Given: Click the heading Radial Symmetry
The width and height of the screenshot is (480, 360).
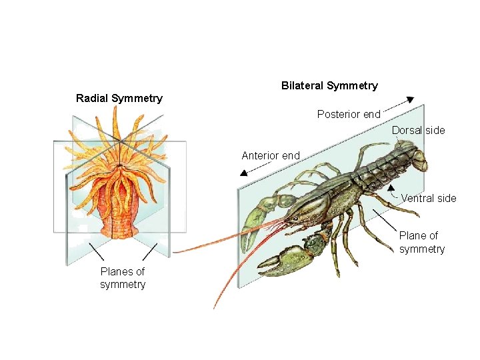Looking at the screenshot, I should [119, 99].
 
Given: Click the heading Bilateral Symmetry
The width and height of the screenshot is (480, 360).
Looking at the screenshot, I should [329, 85].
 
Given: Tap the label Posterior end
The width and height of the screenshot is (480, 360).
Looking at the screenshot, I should [349, 114].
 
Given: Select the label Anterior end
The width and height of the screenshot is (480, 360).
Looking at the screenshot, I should [271, 155].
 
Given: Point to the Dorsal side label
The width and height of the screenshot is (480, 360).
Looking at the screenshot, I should [418, 130].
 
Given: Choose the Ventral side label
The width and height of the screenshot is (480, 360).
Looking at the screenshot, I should [429, 198].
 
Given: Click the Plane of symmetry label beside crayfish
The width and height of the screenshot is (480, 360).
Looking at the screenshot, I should [421, 242].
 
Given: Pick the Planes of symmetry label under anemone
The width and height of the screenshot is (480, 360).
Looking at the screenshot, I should [123, 278].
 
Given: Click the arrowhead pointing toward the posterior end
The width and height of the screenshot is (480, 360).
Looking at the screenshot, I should [408, 98].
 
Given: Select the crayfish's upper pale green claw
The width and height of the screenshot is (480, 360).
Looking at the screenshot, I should [257, 217].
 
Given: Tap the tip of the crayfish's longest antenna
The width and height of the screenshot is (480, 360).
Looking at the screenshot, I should [215, 307].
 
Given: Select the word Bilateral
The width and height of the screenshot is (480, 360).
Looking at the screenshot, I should [302, 85].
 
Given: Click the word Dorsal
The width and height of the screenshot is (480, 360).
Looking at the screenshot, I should [407, 130].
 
